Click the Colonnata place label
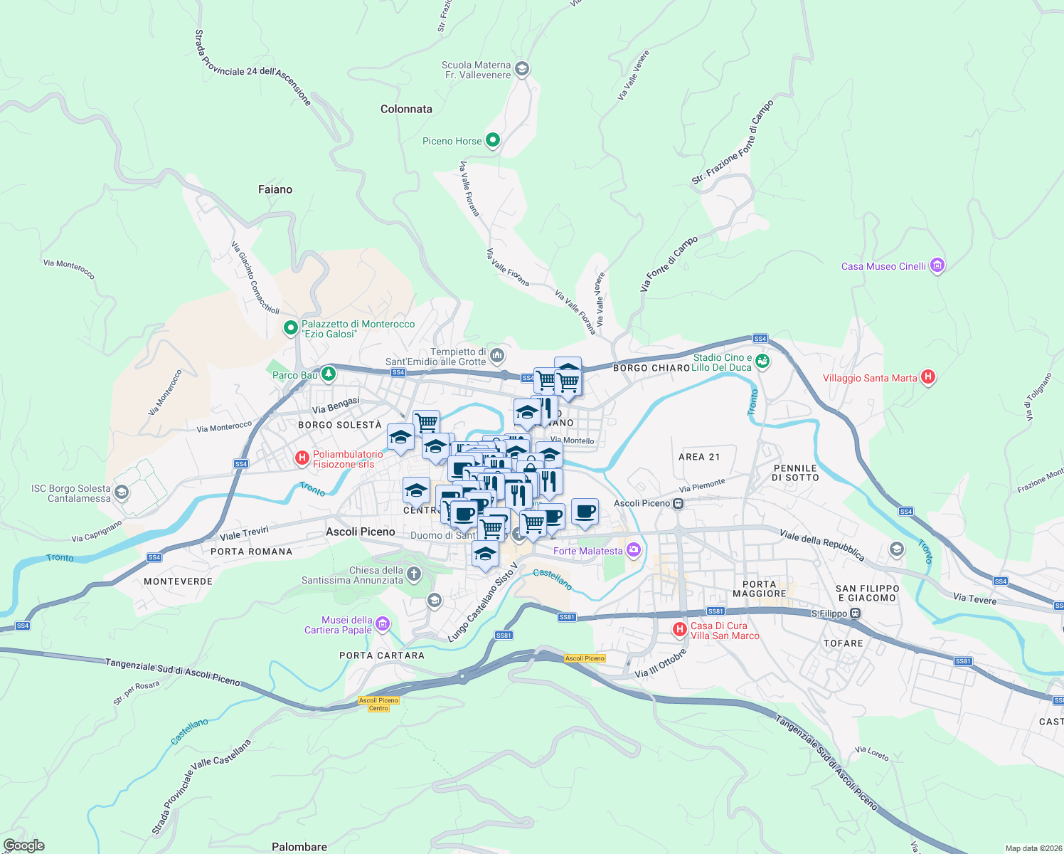point(406,109)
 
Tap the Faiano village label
point(275,189)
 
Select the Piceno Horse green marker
point(492,140)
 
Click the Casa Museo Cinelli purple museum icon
point(937,266)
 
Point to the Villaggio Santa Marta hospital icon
point(927,377)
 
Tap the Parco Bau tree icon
point(328,374)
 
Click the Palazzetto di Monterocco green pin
point(290,328)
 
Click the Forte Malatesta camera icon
point(633,550)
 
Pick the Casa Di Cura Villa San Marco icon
point(680,629)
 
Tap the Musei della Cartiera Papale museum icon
point(383,624)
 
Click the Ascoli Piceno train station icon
point(679,504)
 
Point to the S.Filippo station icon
point(855,613)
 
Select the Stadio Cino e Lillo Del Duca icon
point(762,362)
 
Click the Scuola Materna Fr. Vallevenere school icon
point(522,69)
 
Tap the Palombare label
point(299,847)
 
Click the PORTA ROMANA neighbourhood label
point(252,552)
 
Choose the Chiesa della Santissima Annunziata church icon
point(414,574)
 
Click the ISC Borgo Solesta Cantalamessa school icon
point(122,492)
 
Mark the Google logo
point(23,845)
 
